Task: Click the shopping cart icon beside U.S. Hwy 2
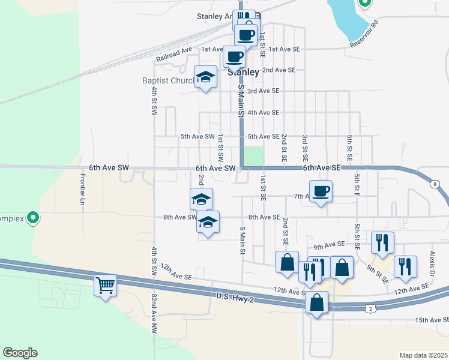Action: click(106, 284)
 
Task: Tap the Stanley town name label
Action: click(244, 72)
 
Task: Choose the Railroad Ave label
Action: click(173, 55)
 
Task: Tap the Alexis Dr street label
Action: click(432, 259)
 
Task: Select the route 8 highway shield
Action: click(434, 184)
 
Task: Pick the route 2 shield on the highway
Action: click(371, 308)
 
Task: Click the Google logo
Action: click(20, 353)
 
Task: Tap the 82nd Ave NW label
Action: click(154, 313)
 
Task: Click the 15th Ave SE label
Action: click(432, 320)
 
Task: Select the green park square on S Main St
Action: click(253, 157)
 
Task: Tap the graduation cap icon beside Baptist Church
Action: click(205, 77)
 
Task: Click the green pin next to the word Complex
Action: click(34, 218)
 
